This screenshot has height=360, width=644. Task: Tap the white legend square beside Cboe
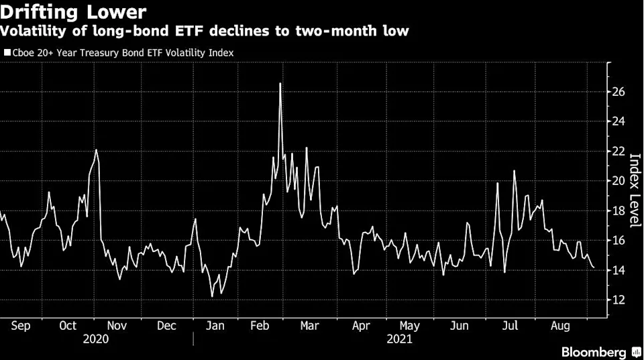[7, 52]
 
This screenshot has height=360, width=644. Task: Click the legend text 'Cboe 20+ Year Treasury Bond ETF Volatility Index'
[122, 52]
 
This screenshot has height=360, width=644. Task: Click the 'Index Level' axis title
[634, 191]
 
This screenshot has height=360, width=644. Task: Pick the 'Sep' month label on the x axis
[20, 326]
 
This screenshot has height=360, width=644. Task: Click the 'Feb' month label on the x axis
[260, 326]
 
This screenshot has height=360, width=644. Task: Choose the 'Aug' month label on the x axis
[560, 326]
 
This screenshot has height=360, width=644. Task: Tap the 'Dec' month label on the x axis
[166, 326]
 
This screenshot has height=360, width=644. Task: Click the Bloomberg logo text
[595, 352]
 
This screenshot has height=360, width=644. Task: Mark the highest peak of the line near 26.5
[280, 83]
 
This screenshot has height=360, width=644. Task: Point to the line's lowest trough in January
[212, 296]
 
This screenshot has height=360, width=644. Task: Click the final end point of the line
[594, 267]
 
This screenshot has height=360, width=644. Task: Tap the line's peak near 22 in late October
[96, 149]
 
